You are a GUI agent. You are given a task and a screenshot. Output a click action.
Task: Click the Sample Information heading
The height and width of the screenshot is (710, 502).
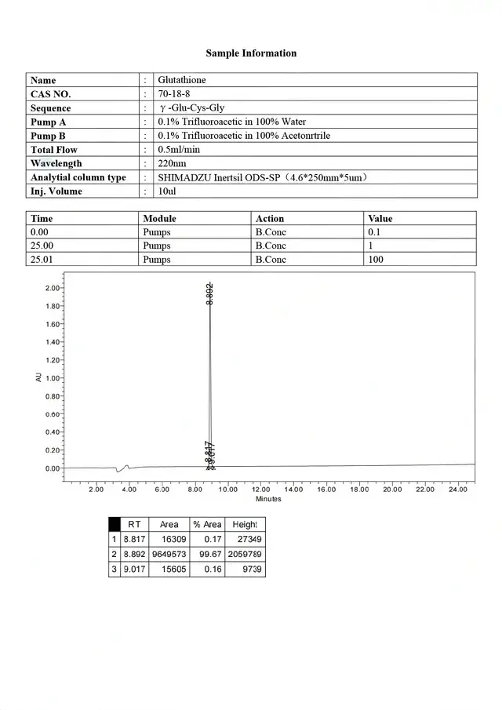[251, 53]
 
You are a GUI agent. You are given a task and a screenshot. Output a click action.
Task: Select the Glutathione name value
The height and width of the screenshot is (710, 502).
[182, 80]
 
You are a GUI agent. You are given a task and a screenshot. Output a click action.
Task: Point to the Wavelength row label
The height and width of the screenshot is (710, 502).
[56, 163]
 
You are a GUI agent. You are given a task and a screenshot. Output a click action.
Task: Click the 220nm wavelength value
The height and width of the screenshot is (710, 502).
[172, 163]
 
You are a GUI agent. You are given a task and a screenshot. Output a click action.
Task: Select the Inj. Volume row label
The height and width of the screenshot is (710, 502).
[56, 191]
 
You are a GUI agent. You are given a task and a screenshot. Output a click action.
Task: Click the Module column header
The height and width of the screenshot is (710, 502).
[159, 218]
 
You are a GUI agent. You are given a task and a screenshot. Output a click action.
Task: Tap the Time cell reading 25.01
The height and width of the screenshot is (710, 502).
[42, 259]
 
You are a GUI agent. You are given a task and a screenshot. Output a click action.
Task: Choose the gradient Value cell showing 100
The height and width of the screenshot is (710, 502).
[376, 259]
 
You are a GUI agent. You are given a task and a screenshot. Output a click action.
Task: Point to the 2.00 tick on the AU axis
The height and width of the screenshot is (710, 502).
[53, 288]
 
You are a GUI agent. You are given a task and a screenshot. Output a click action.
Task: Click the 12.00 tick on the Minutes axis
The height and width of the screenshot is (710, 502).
[260, 489]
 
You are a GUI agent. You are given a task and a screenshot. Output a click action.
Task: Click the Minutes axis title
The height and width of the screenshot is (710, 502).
[268, 499]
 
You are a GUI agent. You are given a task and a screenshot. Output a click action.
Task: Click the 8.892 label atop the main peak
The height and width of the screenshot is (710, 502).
[209, 293]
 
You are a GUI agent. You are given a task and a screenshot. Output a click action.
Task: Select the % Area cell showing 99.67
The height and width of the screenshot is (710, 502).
[211, 554]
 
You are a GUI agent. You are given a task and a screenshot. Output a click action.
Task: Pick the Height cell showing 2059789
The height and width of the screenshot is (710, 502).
[245, 554]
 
